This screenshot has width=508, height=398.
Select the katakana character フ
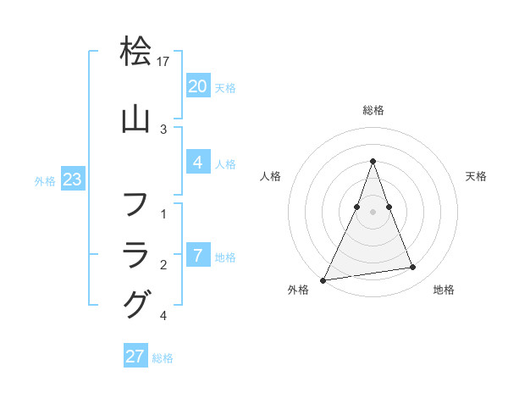click(135, 204)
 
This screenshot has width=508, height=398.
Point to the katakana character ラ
click(135, 254)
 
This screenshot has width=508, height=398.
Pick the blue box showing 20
click(197, 86)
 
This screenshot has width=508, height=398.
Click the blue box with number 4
click(197, 163)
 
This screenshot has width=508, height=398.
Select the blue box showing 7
click(197, 256)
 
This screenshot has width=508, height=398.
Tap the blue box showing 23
click(72, 180)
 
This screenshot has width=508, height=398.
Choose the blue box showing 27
click(135, 357)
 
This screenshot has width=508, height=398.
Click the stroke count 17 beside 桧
click(164, 62)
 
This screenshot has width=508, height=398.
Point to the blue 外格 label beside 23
click(45, 180)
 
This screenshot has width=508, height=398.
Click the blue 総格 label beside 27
click(163, 358)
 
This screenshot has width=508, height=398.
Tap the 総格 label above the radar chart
click(373, 110)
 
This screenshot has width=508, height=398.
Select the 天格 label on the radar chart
click(476, 176)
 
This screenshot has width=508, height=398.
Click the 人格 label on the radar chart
click(270, 176)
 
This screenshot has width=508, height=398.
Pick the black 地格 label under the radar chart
click(444, 290)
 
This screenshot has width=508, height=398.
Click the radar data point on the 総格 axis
click(373, 161)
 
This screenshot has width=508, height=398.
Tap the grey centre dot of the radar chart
click(373, 212)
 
